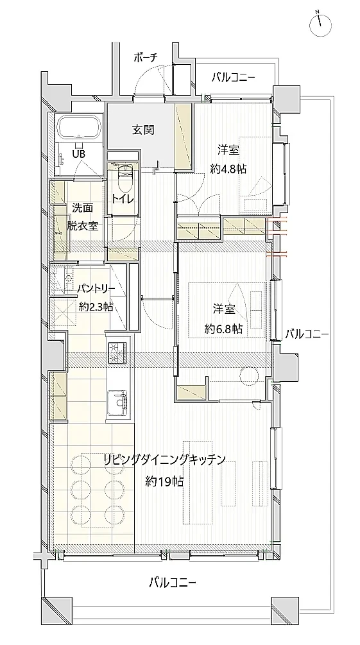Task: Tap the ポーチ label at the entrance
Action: (x=146, y=58)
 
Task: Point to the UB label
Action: (x=78, y=154)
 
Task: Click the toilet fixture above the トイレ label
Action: (x=124, y=175)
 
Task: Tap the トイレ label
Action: (x=123, y=198)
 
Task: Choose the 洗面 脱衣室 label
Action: (x=82, y=217)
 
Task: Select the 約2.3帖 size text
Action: (x=96, y=307)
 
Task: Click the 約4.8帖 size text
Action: (x=229, y=168)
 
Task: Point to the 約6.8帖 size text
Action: (x=223, y=329)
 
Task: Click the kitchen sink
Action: (x=118, y=402)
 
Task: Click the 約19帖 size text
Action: (x=164, y=481)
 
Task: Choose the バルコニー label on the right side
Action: (x=306, y=334)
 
